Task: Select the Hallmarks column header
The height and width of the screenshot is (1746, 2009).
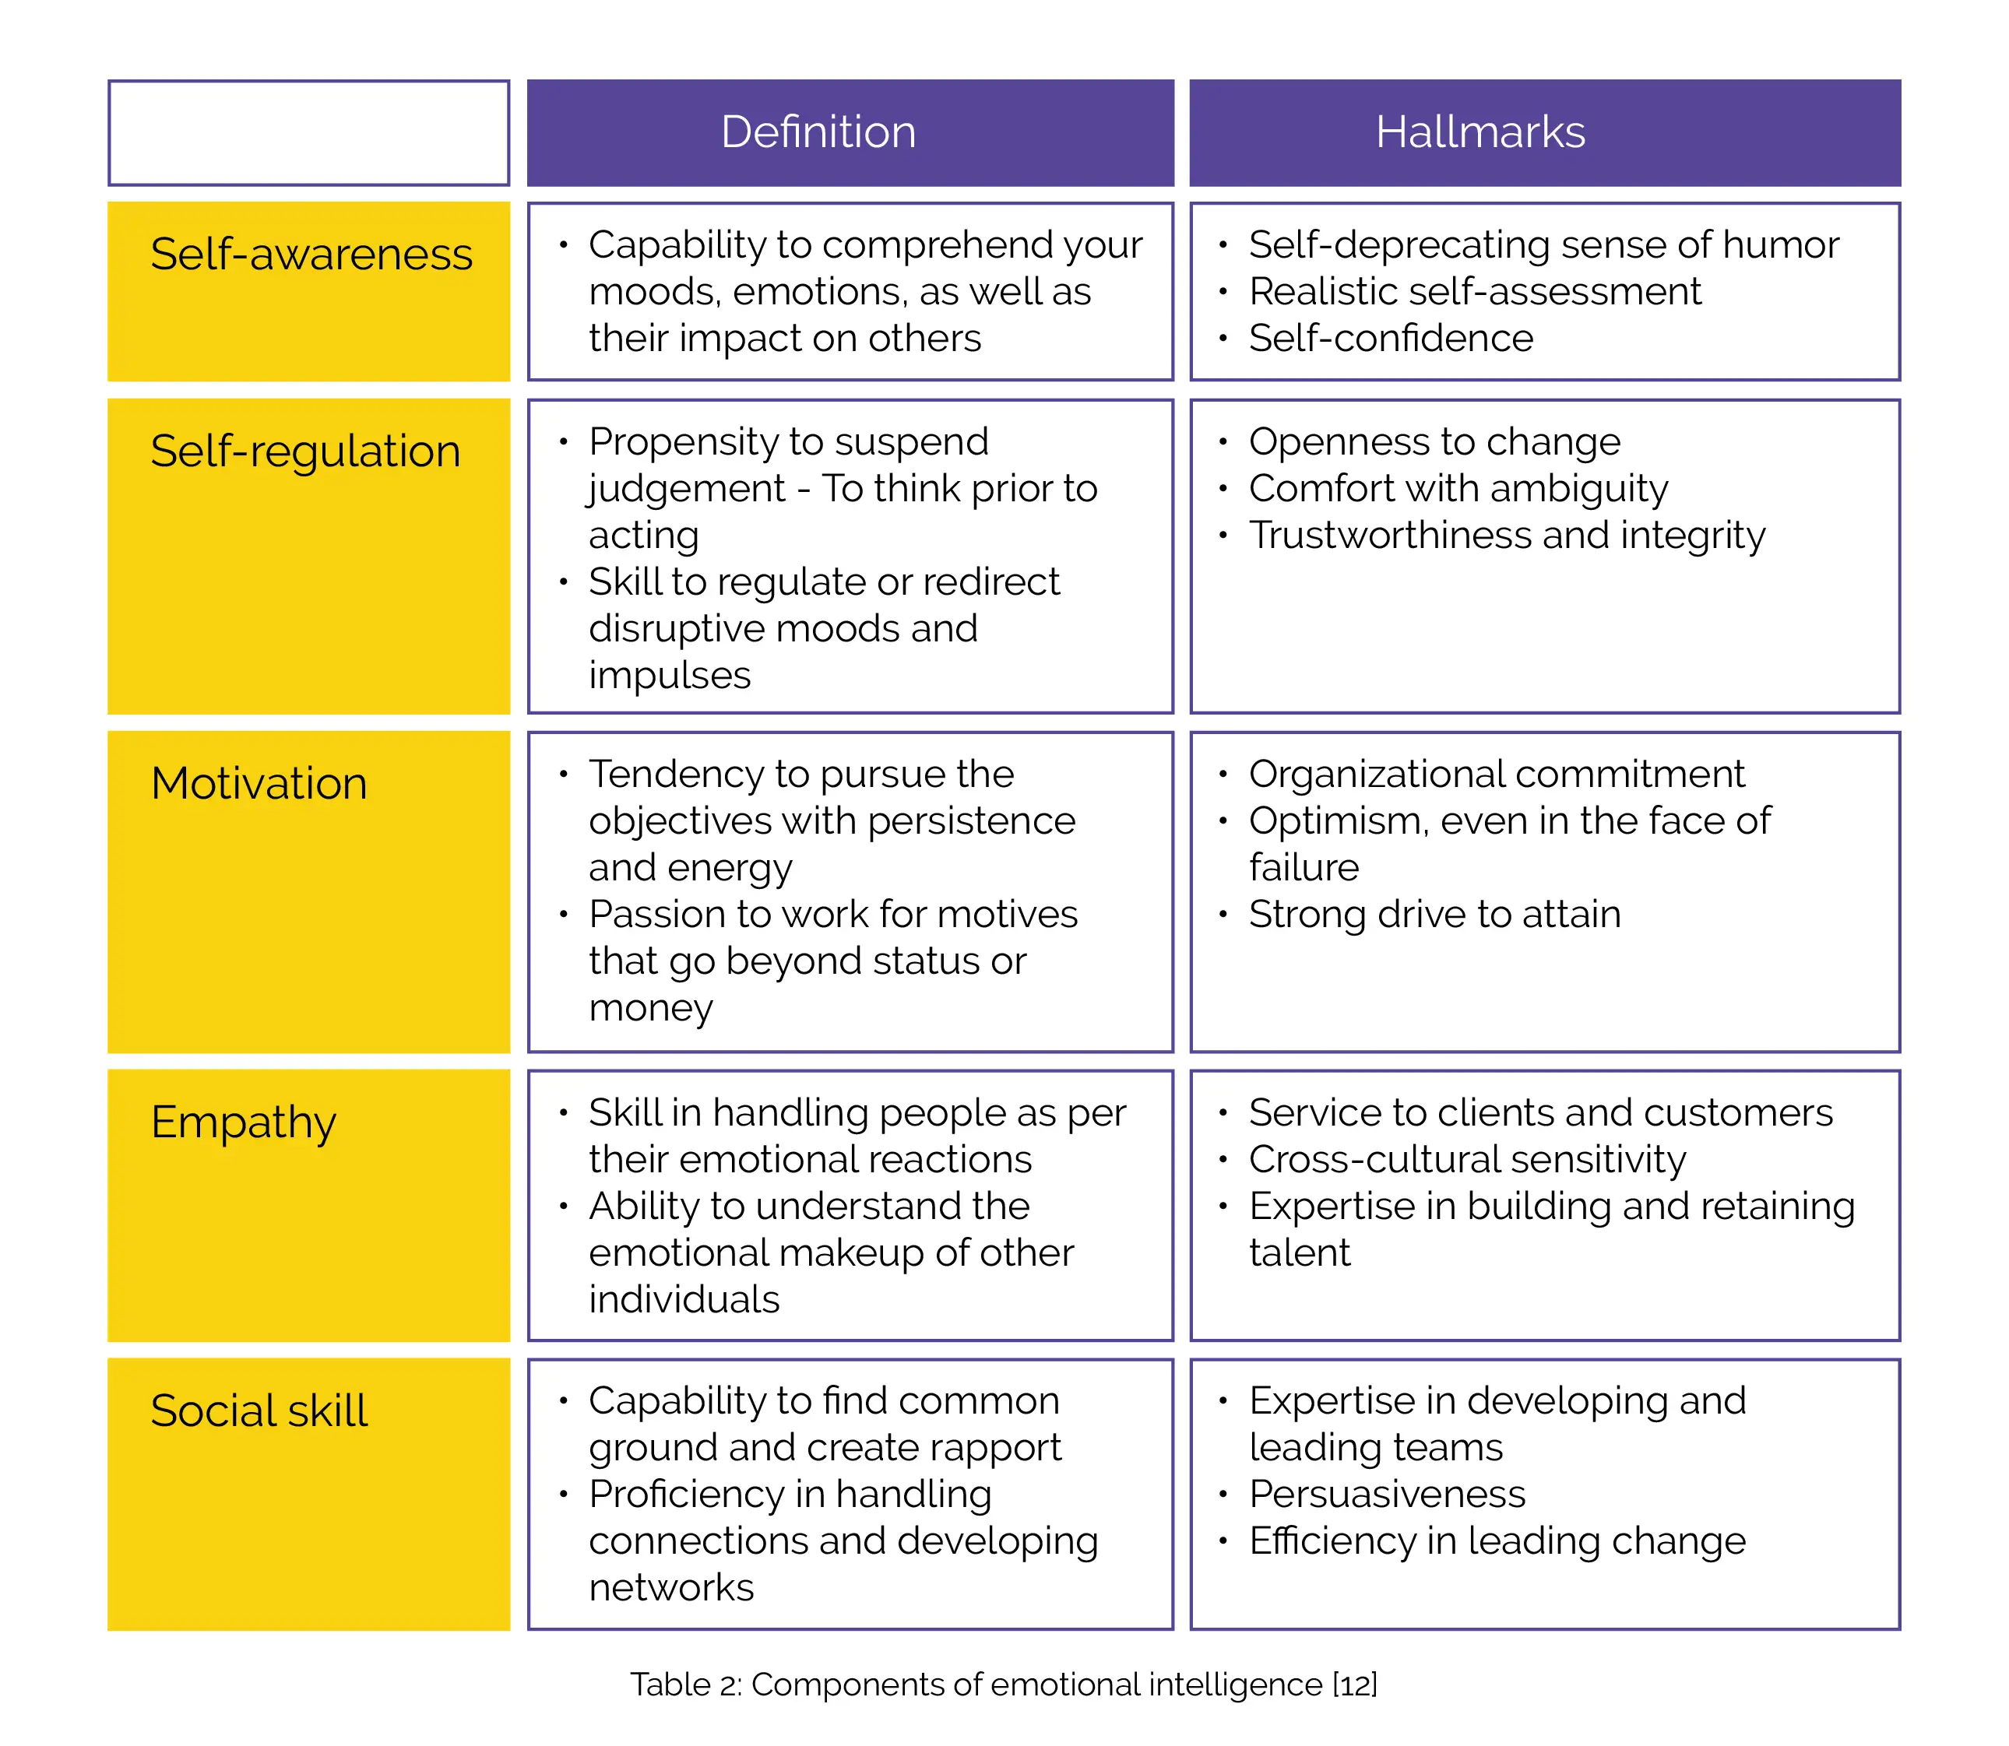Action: point(1479,132)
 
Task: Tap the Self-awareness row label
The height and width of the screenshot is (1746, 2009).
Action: point(311,255)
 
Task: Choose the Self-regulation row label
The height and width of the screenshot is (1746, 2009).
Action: point(305,451)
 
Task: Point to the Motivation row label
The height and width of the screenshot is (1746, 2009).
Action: point(259,783)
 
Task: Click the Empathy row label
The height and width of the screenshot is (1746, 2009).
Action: point(244,1122)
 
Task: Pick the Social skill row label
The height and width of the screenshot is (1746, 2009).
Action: point(259,1411)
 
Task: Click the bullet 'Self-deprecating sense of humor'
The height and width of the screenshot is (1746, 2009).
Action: point(1543,244)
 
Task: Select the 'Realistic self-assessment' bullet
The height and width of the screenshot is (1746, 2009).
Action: point(1474,291)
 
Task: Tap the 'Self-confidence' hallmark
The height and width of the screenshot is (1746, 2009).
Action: point(1391,338)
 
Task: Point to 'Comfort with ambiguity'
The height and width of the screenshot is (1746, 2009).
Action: point(1458,488)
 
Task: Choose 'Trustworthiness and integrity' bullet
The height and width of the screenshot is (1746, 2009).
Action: point(1507,535)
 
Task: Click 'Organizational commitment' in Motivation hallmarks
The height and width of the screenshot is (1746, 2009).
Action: point(1497,774)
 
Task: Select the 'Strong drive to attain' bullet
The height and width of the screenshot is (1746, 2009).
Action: point(1435,914)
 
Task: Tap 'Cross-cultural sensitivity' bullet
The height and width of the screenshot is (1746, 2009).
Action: point(1467,1159)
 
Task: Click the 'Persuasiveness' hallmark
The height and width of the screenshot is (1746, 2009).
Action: point(1387,1494)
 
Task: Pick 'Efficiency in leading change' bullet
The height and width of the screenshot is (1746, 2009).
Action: point(1497,1540)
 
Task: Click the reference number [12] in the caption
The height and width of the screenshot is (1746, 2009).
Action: point(1354,1685)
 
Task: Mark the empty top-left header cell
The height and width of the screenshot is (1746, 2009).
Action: point(308,132)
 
